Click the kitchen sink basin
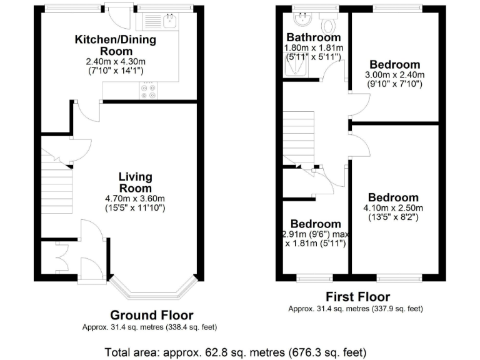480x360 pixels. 169,21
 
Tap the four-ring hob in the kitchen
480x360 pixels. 149,91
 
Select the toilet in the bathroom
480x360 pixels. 327,24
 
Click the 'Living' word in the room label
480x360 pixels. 136,177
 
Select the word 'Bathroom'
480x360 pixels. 314,37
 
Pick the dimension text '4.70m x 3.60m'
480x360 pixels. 136,198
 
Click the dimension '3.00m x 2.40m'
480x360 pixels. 394,75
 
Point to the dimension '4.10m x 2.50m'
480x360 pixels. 393,208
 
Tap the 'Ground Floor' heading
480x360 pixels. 152,316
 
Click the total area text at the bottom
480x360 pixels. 239,351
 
